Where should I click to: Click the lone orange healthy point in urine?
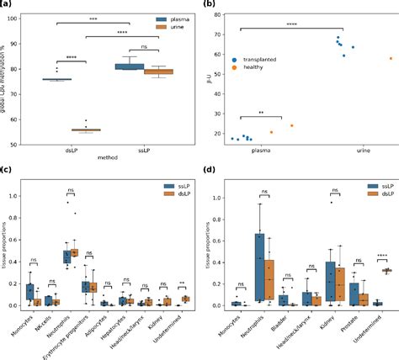pyautogui.click(x=391, y=58)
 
